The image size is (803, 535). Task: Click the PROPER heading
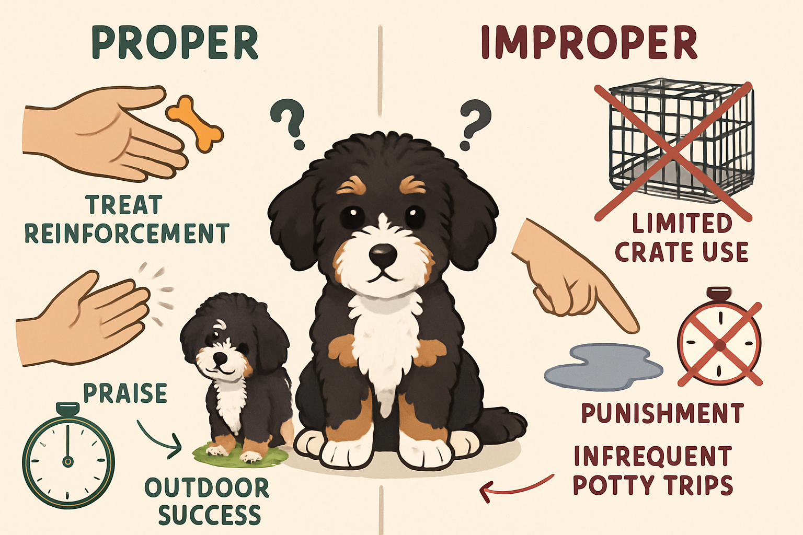click(x=175, y=43)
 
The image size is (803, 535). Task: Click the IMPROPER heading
click(x=589, y=43)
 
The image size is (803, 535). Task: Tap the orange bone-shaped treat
click(x=194, y=123)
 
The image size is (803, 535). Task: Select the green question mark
click(x=289, y=124)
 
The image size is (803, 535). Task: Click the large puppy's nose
click(x=383, y=254)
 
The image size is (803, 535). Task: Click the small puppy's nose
click(x=221, y=359)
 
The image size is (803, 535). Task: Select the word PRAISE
click(x=125, y=393)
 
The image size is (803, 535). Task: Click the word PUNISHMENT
click(x=662, y=413)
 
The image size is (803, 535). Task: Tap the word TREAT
click(x=124, y=205)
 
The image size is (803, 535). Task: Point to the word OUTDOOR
click(x=207, y=488)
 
